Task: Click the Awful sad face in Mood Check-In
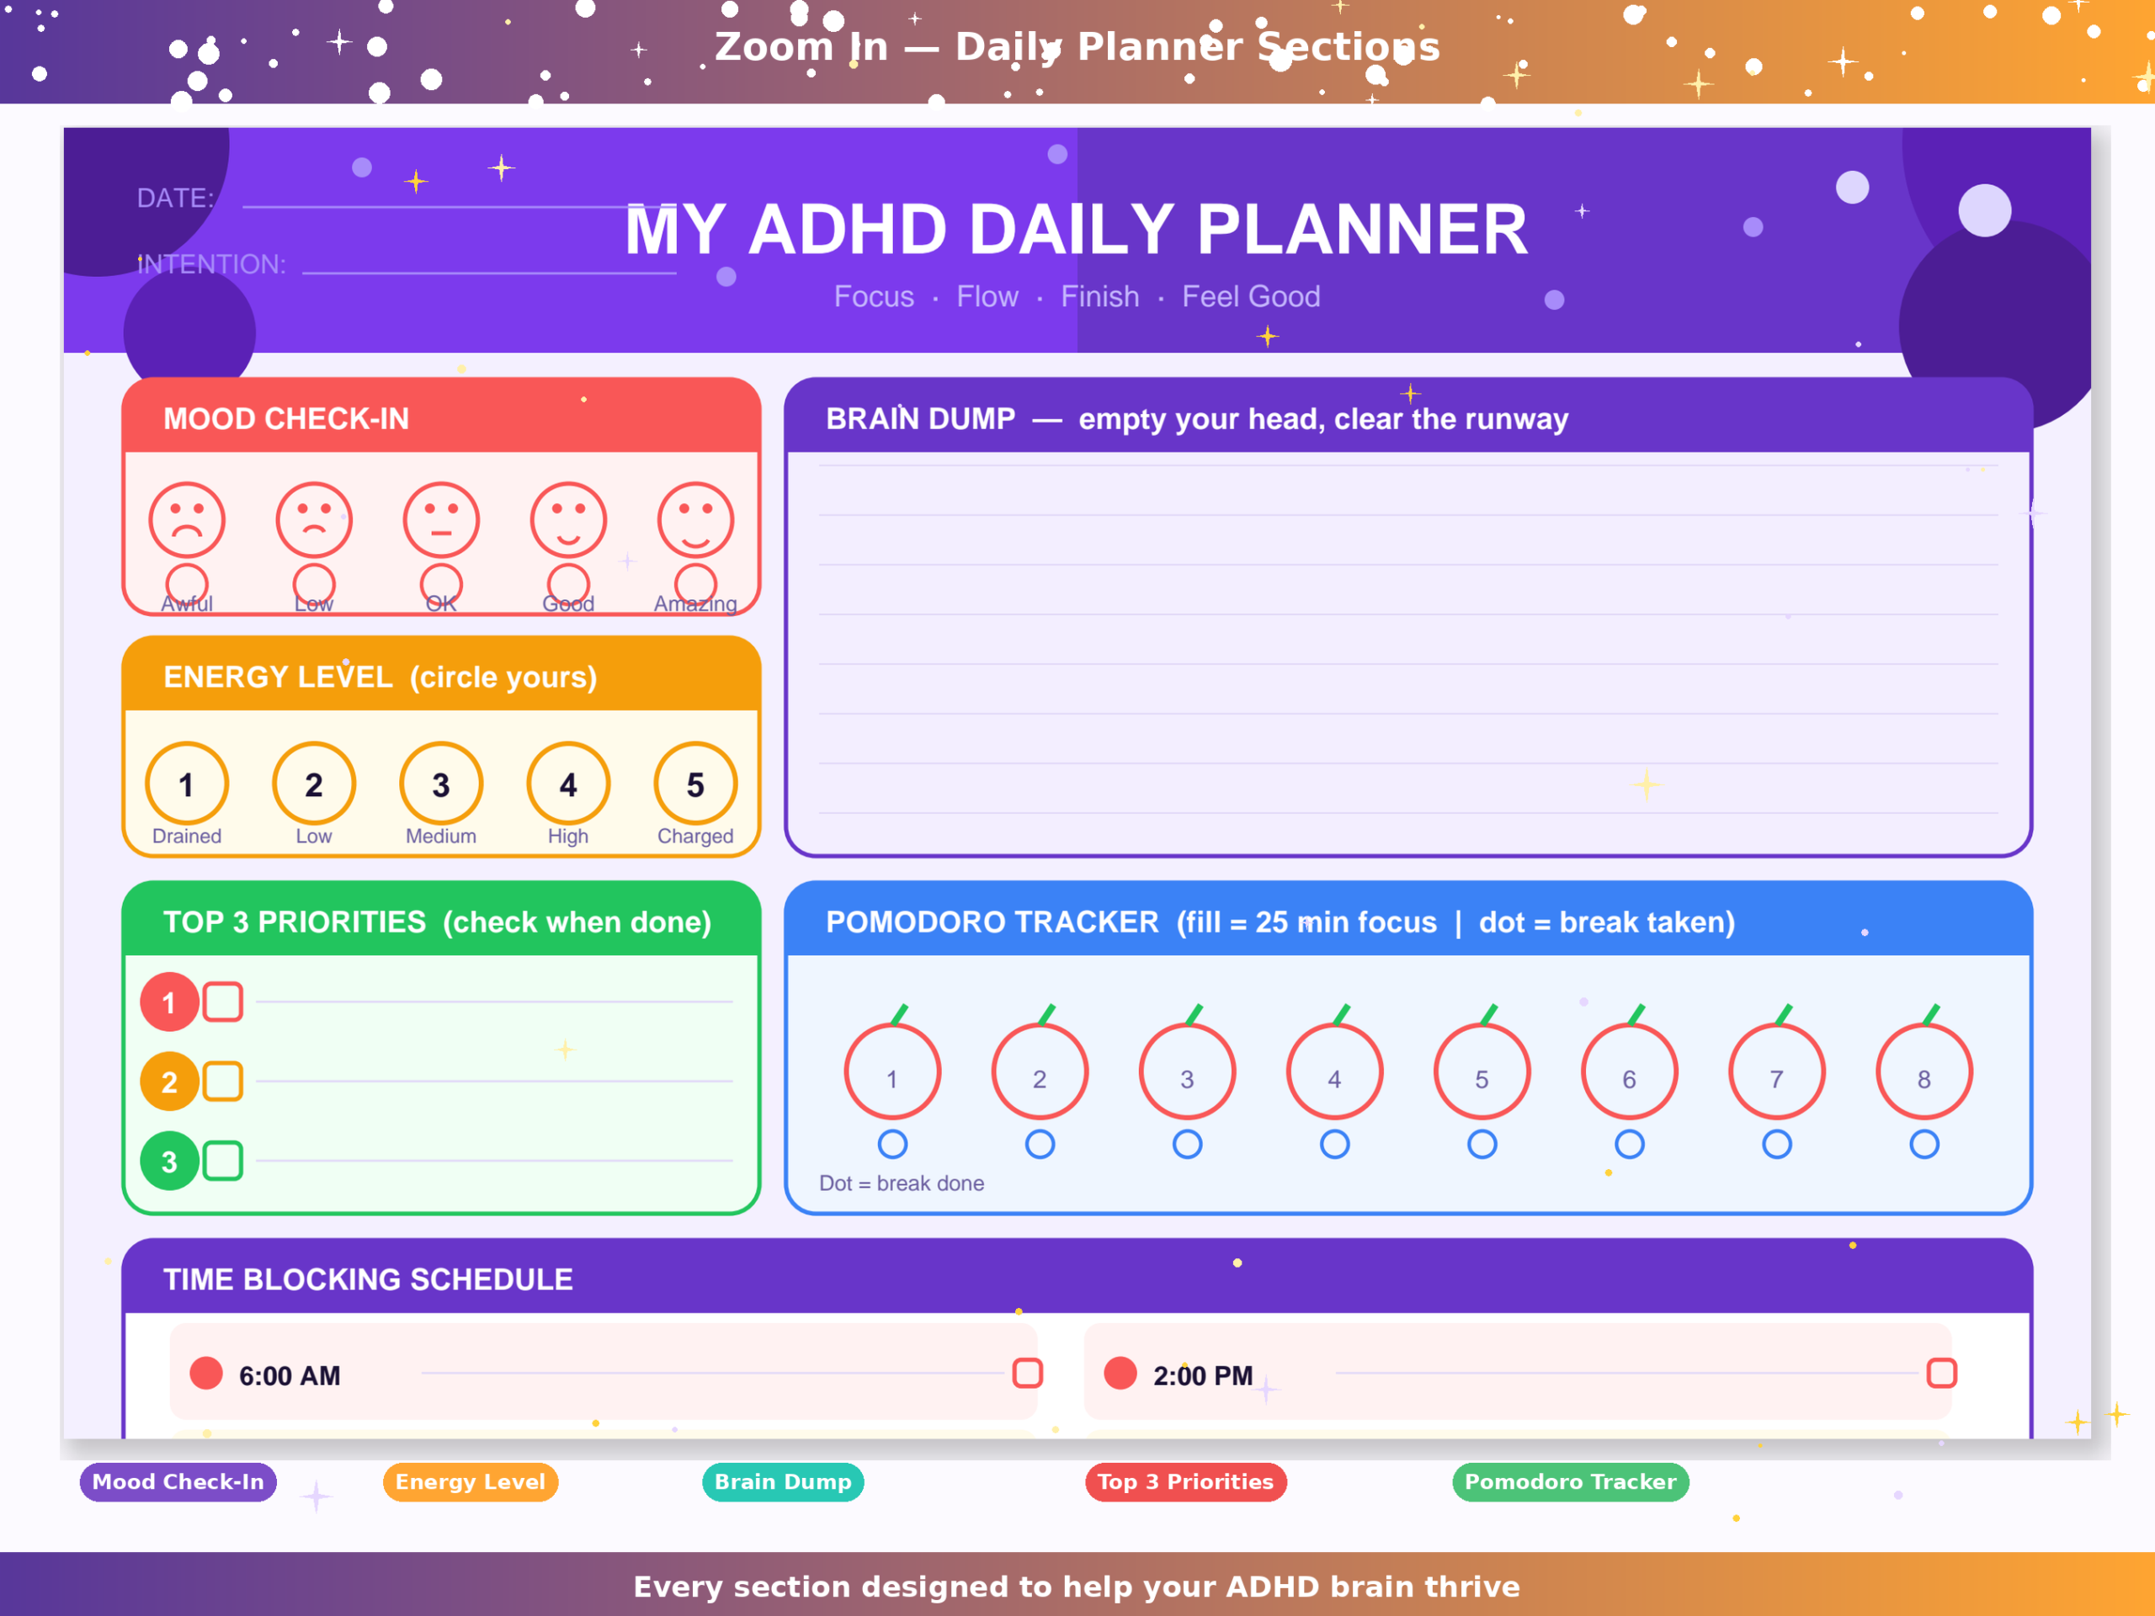tap(187, 520)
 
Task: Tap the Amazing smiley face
tap(695, 520)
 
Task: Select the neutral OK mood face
tap(441, 520)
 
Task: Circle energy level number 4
tap(568, 784)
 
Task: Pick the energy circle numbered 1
tap(187, 784)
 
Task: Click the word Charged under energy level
tap(695, 836)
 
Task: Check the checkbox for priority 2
tap(223, 1082)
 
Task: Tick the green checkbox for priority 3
tap(223, 1161)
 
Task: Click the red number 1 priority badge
tap(169, 1002)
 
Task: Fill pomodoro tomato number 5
tap(1482, 1071)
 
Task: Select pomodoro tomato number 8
tap(1924, 1071)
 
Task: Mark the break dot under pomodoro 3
tap(1188, 1145)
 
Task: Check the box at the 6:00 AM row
tap(1028, 1374)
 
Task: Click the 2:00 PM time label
tap(1203, 1375)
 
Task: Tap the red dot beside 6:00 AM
tap(206, 1374)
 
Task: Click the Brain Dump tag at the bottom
tap(783, 1482)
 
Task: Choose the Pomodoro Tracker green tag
tap(1571, 1482)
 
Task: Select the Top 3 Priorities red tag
tap(1185, 1482)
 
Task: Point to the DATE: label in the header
tap(175, 198)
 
